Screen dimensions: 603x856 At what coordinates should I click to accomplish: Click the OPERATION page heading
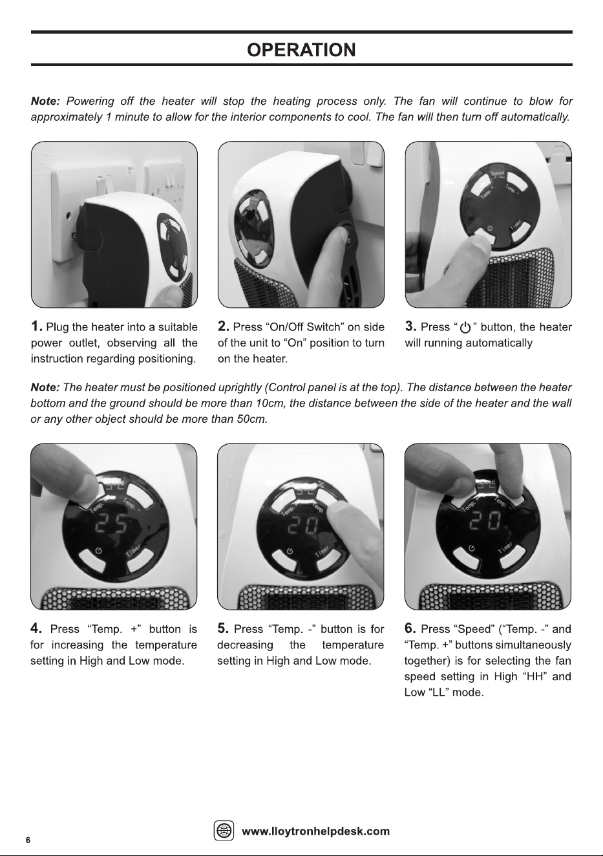pos(301,50)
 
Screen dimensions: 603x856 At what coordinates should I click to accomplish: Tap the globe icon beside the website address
pos(224,830)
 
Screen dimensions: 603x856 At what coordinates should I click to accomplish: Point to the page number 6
pos(28,840)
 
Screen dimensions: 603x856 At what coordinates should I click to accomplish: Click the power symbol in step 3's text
pos(465,328)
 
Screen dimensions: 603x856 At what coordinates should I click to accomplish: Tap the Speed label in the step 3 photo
pos(497,173)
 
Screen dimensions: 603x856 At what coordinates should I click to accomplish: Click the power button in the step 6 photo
pos(466,557)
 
